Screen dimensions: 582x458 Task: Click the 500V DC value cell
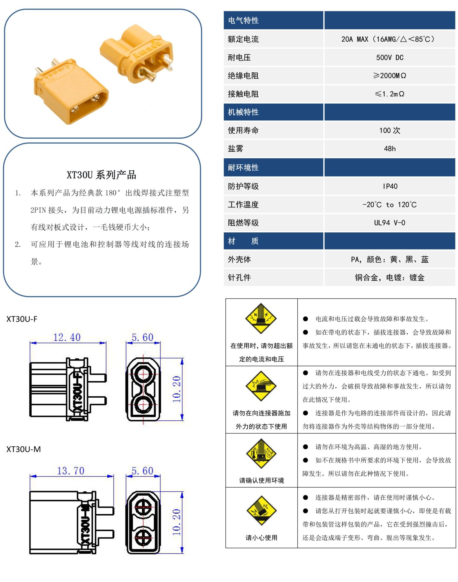[389, 57]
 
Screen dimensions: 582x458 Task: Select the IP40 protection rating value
[390, 186]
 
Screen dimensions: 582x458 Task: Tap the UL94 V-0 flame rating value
[389, 223]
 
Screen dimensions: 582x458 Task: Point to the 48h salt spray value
[389, 148]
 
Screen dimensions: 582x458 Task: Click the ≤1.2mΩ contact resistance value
[389, 94]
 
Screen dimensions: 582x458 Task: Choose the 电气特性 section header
[243, 20]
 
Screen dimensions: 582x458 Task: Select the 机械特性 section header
[243, 112]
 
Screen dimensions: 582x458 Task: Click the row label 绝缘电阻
[243, 76]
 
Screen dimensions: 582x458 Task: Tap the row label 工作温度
[243, 204]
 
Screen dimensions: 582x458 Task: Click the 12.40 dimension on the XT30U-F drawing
[67, 337]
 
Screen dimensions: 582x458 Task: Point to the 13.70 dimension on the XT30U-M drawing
[70, 471]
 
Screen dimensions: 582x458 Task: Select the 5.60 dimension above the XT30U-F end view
[142, 337]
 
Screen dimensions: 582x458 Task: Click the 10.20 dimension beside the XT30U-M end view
[177, 522]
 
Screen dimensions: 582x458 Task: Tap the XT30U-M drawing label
[23, 449]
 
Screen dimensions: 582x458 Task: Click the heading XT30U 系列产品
[101, 175]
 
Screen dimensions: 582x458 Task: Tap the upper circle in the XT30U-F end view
[143, 374]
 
